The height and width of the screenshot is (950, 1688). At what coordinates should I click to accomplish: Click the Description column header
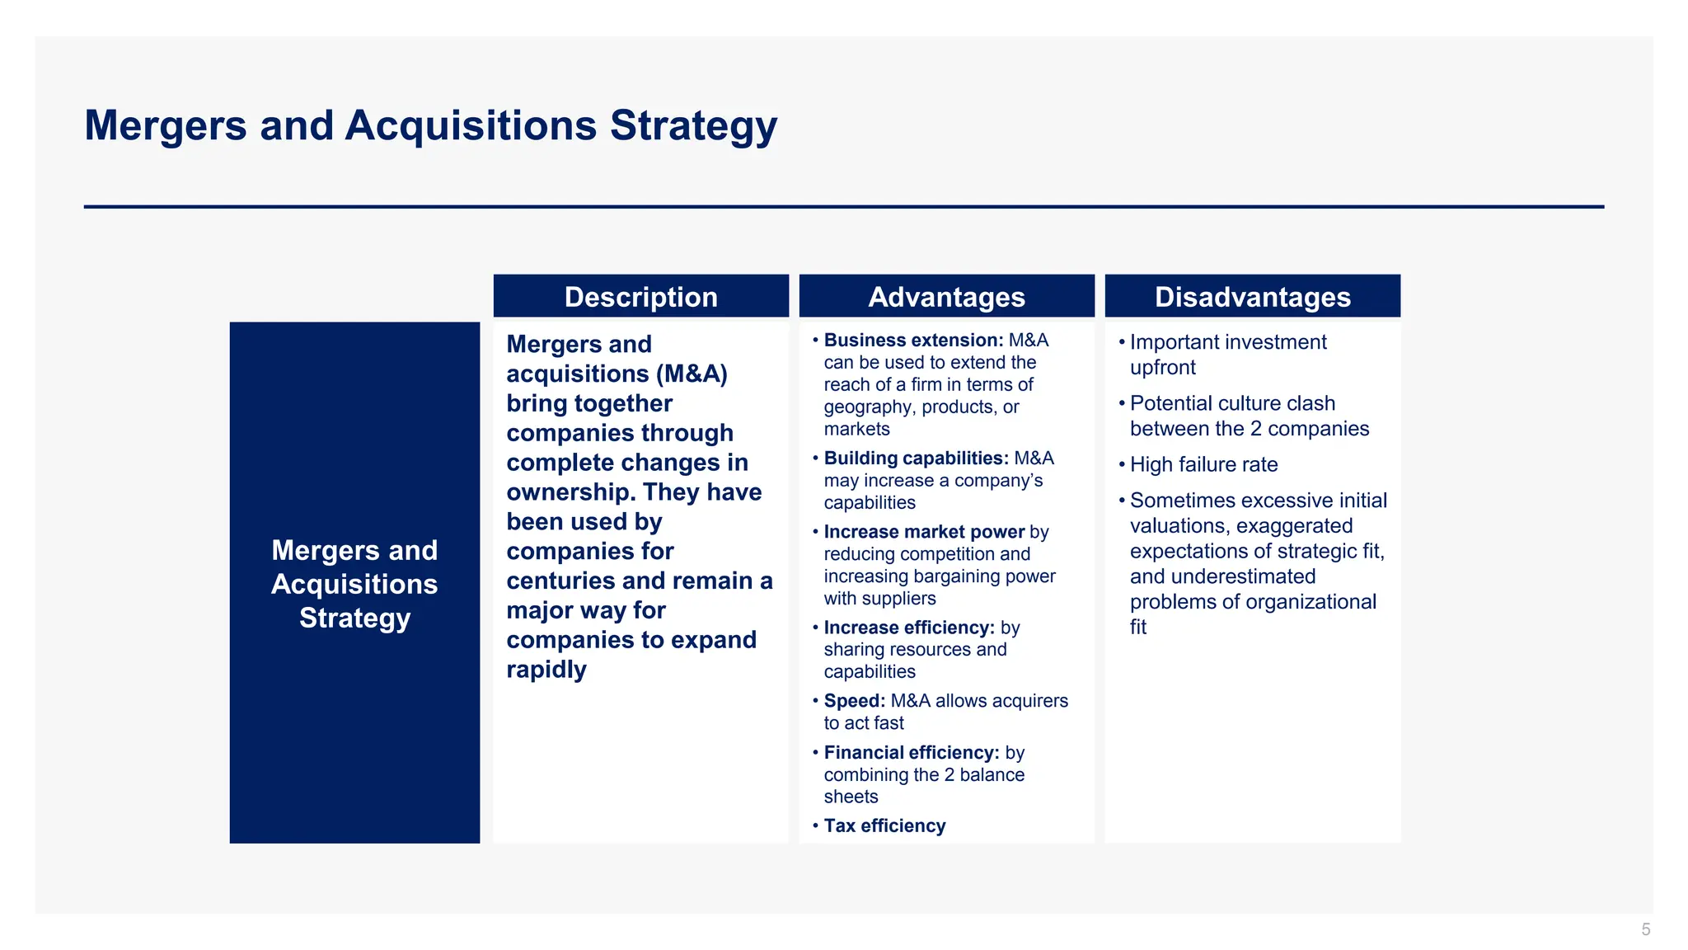click(640, 297)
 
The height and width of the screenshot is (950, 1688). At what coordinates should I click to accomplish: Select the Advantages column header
click(946, 297)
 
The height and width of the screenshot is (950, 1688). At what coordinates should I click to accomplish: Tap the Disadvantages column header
click(1252, 297)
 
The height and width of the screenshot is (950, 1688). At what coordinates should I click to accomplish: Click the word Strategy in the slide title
click(693, 126)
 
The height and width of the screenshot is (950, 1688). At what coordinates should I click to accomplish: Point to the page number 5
click(1645, 929)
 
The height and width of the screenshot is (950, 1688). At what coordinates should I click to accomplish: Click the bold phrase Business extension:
click(913, 341)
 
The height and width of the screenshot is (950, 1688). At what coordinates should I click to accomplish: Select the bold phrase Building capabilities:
click(916, 459)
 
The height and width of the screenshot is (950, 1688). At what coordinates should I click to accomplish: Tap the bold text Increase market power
click(924, 532)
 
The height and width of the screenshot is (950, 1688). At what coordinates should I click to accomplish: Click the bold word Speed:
click(854, 701)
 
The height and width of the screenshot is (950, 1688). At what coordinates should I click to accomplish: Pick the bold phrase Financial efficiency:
click(912, 753)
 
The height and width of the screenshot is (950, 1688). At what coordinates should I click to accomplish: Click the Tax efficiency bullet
click(884, 826)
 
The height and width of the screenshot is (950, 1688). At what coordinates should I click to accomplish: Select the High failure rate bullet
click(1203, 465)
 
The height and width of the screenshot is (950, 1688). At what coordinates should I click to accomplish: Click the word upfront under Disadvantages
click(1162, 368)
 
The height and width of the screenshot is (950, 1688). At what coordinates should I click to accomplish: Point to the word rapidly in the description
click(546, 670)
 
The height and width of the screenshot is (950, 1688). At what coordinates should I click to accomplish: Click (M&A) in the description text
click(692, 374)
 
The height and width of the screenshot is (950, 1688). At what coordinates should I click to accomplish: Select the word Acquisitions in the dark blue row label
click(354, 585)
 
